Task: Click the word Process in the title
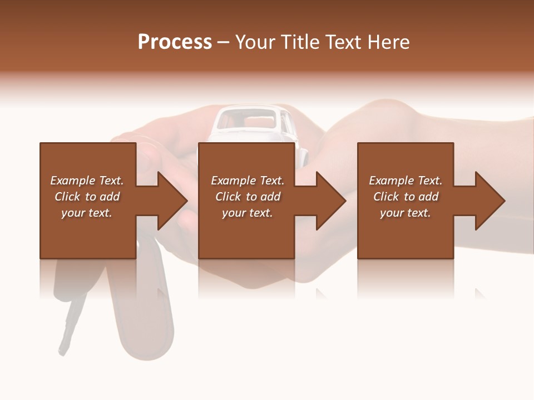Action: click(x=175, y=42)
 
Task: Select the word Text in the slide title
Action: click(x=342, y=42)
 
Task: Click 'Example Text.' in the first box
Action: click(x=87, y=181)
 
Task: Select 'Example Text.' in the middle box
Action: click(x=248, y=181)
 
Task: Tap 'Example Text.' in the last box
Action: click(x=406, y=181)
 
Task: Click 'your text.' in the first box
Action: click(x=87, y=213)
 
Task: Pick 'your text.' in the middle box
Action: click(x=248, y=213)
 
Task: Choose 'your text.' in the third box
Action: click(x=406, y=213)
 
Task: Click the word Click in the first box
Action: click(x=68, y=197)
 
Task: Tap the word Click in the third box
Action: click(x=387, y=197)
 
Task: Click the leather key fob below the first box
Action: click(x=146, y=317)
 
